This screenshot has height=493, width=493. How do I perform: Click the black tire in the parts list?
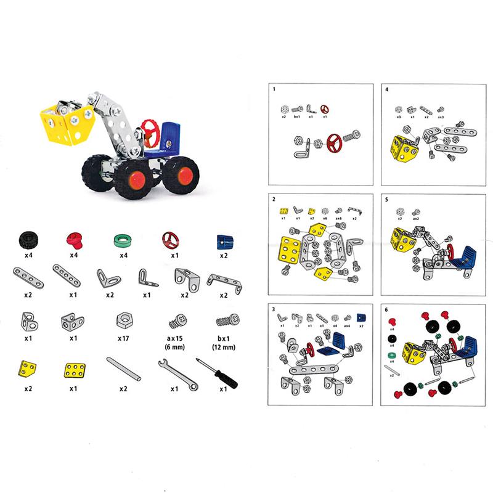pos(28,240)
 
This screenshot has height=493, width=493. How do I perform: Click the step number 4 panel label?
pos(386,89)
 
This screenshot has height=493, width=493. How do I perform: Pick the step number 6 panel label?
pos(386,311)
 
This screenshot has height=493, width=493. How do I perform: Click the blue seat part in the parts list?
pos(223,240)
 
